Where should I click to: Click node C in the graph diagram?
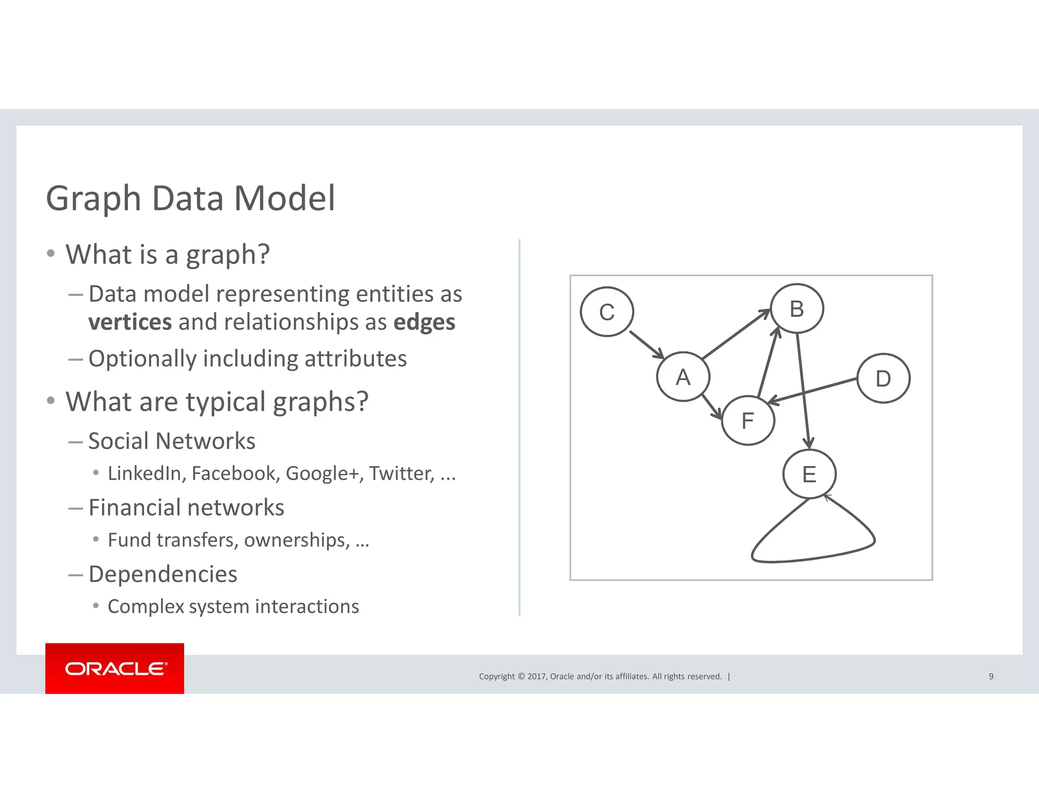(x=607, y=312)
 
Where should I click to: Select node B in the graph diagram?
(x=796, y=309)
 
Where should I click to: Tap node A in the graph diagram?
(x=683, y=377)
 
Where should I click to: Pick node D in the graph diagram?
(x=883, y=379)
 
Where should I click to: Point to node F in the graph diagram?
(x=748, y=420)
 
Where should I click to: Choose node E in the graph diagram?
(x=809, y=474)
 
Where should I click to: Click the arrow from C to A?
(x=646, y=345)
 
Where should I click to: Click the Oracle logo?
(x=115, y=668)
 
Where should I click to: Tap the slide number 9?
(x=991, y=676)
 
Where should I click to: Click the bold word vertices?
(x=130, y=322)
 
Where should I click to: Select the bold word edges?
(x=424, y=322)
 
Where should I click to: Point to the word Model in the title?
(x=284, y=198)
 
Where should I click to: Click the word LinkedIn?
(x=145, y=473)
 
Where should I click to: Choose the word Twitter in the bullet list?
(x=401, y=473)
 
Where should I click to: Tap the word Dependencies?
(x=162, y=574)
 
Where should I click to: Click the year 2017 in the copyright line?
(x=536, y=676)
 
